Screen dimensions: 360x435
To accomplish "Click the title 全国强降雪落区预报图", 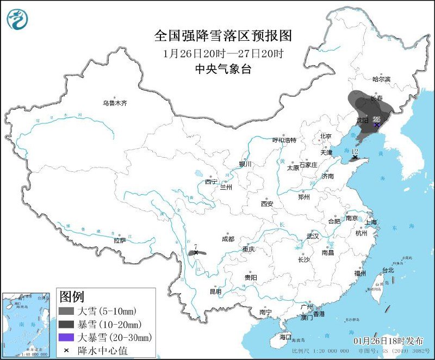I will [x=223, y=36].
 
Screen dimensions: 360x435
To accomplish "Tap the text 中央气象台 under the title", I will [x=223, y=69].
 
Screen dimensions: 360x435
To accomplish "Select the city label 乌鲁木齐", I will [x=115, y=103].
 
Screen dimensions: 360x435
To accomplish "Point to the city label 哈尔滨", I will [x=381, y=79].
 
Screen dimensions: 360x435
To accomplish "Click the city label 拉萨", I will [x=120, y=240].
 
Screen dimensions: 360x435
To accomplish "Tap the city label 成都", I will [x=228, y=239].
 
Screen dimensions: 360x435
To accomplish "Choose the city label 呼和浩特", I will [x=284, y=140].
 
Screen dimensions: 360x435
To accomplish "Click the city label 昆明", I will [x=215, y=291].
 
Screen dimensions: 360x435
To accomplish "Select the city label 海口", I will [x=285, y=337].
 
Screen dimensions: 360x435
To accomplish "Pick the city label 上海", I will [x=371, y=222].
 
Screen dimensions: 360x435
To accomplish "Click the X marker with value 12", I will [x=355, y=157].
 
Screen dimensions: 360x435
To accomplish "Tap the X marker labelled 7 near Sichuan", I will [x=196, y=253].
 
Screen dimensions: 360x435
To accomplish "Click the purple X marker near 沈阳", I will [x=376, y=125].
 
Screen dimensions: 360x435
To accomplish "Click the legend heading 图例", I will [x=72, y=297].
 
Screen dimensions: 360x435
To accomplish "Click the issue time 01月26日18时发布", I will [x=388, y=340].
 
